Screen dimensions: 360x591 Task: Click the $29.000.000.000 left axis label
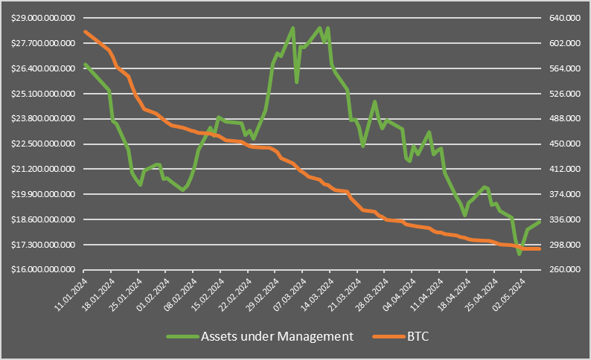point(44,18)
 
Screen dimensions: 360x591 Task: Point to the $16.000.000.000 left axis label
point(44,269)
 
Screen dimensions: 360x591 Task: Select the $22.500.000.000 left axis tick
point(44,144)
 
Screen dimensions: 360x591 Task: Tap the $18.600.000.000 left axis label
point(44,219)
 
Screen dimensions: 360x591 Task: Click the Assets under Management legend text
point(277,336)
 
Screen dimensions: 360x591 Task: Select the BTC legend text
point(418,336)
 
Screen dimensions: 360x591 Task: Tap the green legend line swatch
point(181,336)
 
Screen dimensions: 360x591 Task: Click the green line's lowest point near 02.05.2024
point(519,254)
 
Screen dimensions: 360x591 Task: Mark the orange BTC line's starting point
point(86,31)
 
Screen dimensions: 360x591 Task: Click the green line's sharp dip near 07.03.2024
point(297,82)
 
